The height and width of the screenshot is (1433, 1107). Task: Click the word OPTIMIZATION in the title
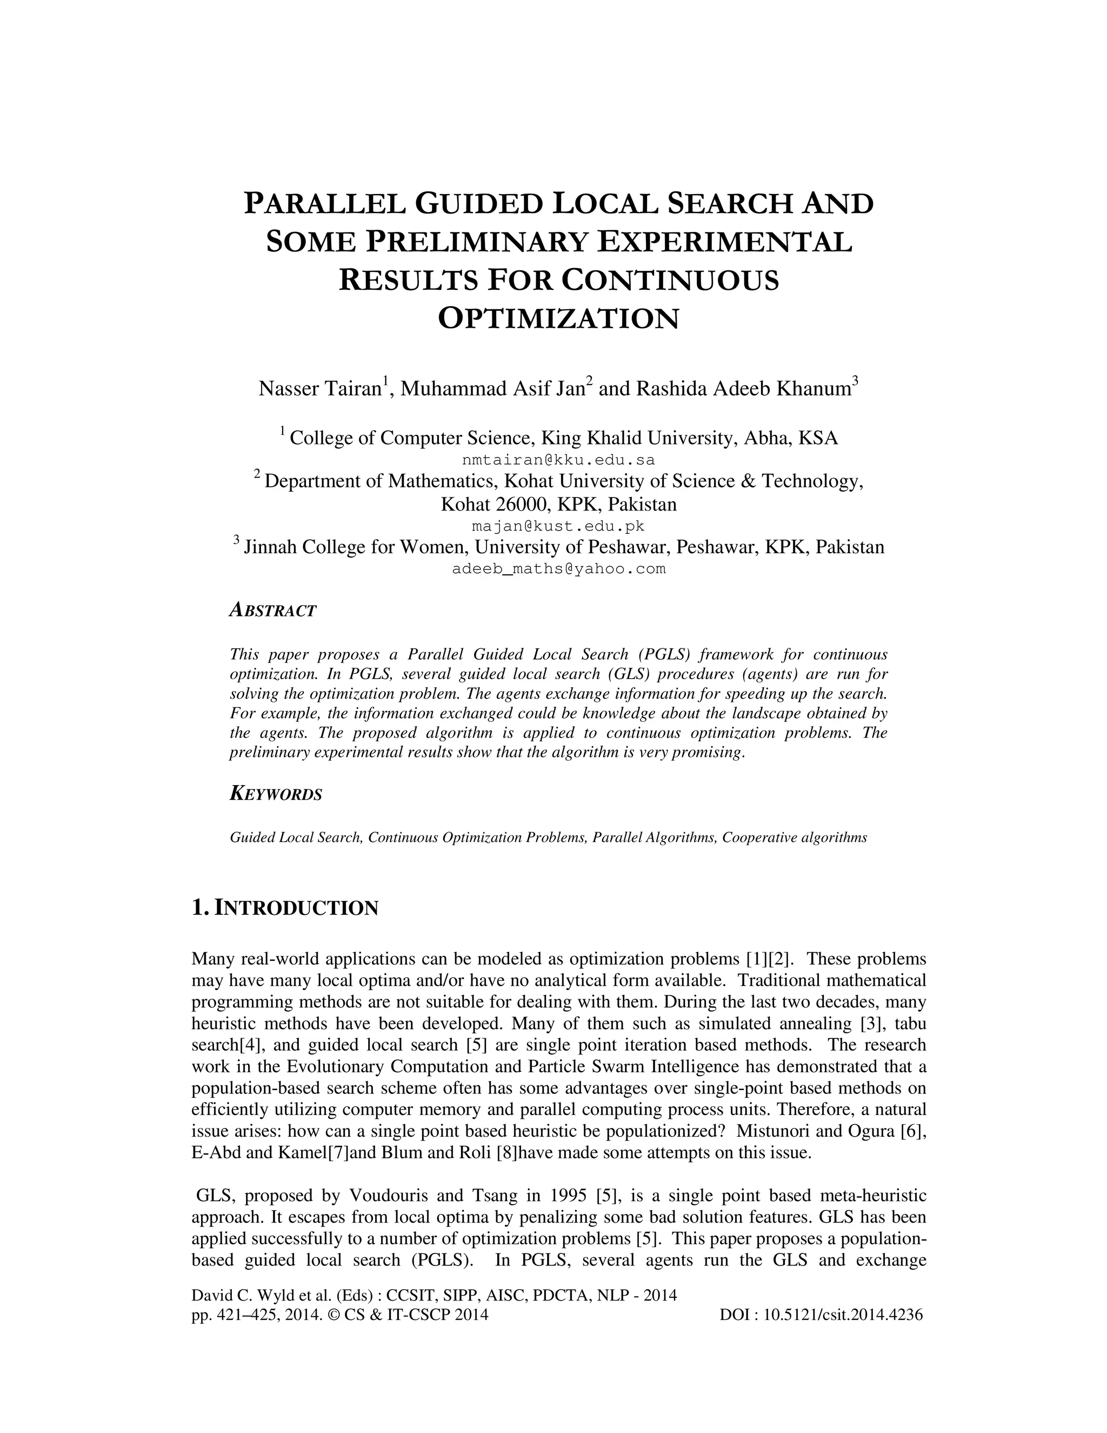click(x=558, y=319)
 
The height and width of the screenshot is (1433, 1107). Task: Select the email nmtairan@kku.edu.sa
click(x=558, y=460)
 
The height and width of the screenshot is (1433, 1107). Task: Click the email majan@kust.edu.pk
click(x=558, y=526)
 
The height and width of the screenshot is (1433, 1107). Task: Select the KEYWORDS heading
click(x=276, y=794)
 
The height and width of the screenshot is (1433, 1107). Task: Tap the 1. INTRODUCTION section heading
click(x=285, y=908)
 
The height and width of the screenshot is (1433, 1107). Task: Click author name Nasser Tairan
click(x=320, y=389)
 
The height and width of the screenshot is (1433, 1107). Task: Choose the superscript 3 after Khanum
click(x=855, y=381)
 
